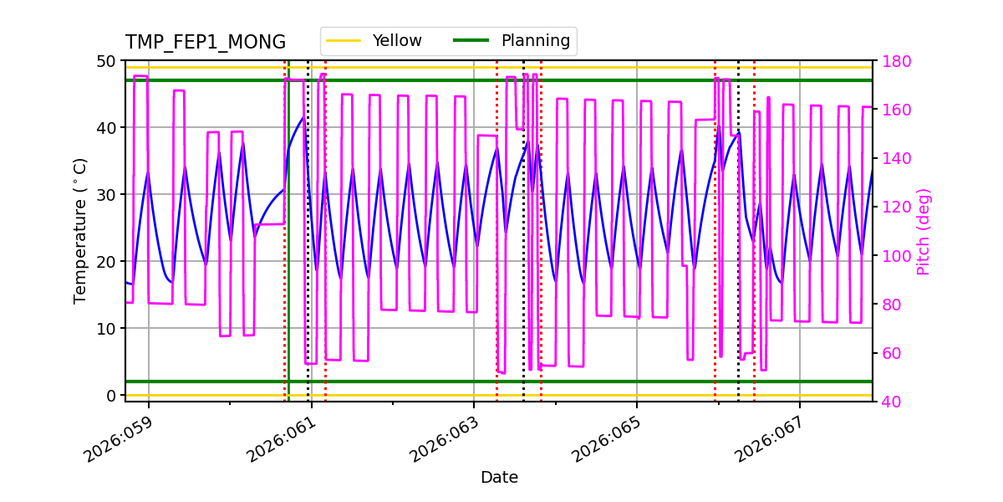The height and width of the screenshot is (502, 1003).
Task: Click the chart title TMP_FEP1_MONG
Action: pos(206,43)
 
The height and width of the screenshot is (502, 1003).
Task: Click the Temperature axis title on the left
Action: pos(80,230)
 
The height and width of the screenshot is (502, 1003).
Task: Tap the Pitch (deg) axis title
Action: pos(924,231)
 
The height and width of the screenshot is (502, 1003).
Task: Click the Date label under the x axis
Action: pos(499,478)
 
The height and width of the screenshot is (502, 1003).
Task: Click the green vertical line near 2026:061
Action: pos(288,251)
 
